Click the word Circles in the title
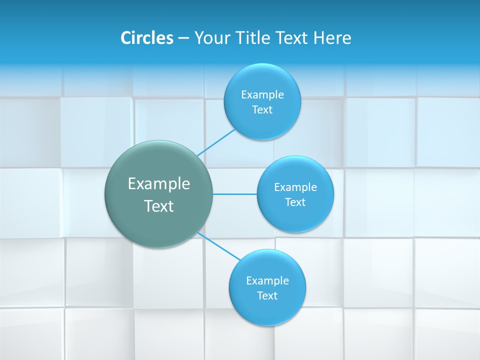pos(147,38)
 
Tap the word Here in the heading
pos(332,38)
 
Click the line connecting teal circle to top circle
pos(216,142)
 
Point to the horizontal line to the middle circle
pos(235,194)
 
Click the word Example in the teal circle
pos(159,183)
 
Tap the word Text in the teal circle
pos(159,206)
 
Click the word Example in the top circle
pos(262,94)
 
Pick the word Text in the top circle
pos(262,109)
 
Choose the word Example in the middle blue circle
pos(295,187)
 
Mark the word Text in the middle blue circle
pos(295,202)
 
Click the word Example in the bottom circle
pos(267,280)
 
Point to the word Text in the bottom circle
pos(267,295)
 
